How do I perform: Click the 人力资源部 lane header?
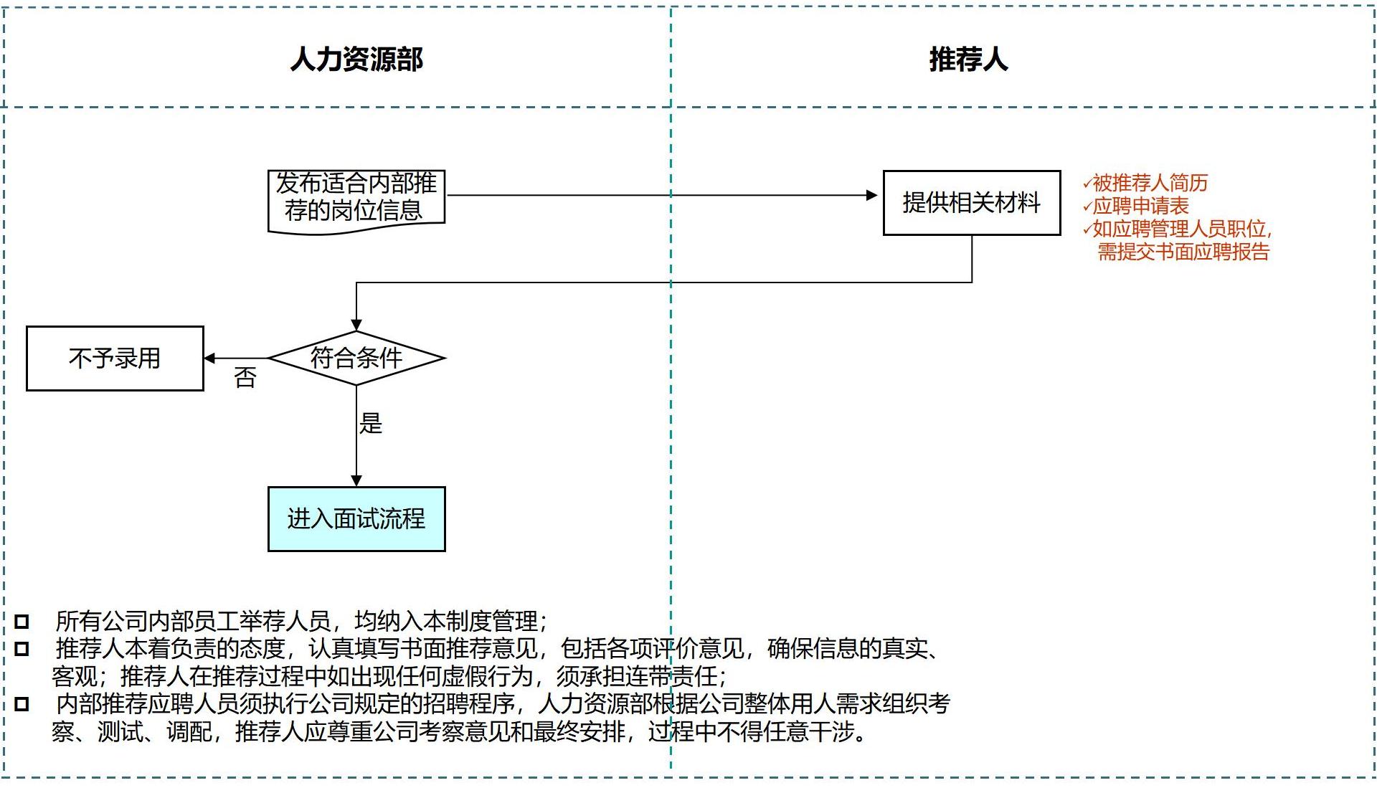(x=356, y=59)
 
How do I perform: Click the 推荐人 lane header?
(x=968, y=59)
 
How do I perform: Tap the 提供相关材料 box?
(x=971, y=203)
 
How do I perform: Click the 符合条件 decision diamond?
(x=356, y=358)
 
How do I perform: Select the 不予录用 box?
(x=115, y=359)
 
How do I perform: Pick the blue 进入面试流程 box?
(x=356, y=519)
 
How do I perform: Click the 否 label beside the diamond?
(x=245, y=378)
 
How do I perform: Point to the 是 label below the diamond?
(x=371, y=423)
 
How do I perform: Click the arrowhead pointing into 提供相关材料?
(x=872, y=195)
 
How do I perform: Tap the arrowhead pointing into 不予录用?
(x=209, y=359)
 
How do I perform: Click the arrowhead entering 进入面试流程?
(x=356, y=480)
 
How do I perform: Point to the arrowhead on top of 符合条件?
(x=356, y=326)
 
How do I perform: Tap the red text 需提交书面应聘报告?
(x=1183, y=252)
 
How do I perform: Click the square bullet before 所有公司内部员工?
(x=22, y=621)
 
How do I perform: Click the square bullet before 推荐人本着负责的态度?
(x=22, y=649)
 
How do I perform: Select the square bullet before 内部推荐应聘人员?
(x=22, y=704)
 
